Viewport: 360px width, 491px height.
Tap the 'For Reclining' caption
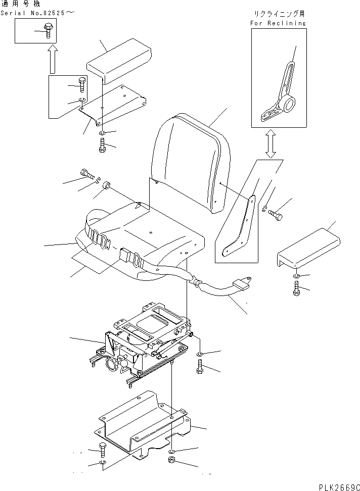[278, 23]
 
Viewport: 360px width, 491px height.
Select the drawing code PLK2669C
[338, 486]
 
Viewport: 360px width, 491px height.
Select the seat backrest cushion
[191, 162]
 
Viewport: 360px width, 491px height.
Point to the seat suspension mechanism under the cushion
[147, 349]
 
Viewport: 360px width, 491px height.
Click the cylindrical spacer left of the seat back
[107, 188]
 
